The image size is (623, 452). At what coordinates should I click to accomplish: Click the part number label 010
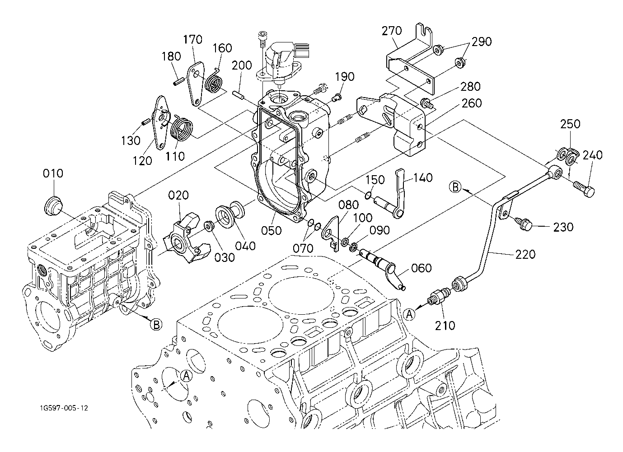point(53,173)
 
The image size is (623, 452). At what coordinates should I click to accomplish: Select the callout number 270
point(392,31)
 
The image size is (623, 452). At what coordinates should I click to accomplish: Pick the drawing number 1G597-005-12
point(64,408)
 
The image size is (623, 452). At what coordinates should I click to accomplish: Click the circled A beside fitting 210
point(409,314)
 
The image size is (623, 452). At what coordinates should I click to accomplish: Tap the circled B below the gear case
point(156,325)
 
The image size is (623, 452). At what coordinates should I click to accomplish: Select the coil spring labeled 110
point(182,130)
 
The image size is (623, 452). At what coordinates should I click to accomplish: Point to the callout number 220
point(525,255)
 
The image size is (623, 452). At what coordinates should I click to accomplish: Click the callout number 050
point(271,231)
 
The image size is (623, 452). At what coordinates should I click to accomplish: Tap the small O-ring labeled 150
point(367,196)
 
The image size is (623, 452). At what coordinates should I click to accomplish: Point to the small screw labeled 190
point(337,97)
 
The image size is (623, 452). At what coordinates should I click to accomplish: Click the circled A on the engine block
point(186,376)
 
